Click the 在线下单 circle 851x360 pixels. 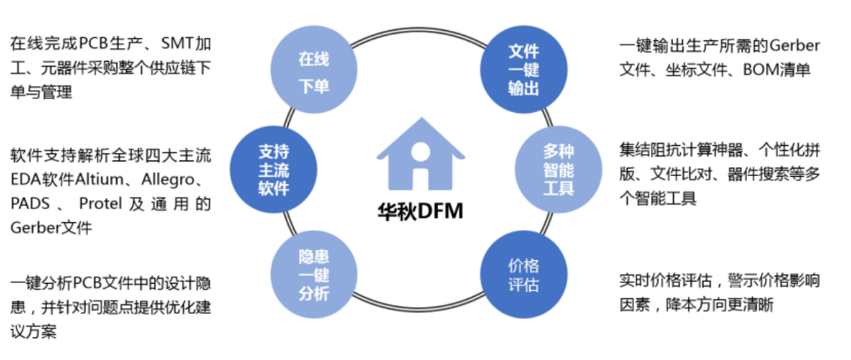pos(314,73)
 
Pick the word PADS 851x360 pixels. pos(29,203)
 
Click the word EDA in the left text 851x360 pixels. pos(23,179)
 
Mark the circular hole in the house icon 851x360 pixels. pos(420,152)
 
